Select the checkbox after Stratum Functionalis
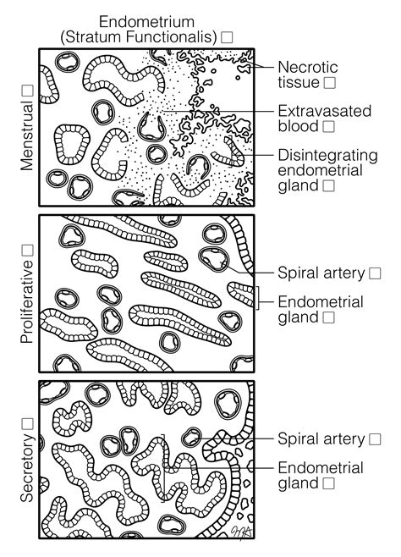tap(227, 37)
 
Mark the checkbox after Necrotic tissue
tap(329, 82)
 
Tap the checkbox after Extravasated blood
tap(329, 126)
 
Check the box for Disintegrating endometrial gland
tap(328, 184)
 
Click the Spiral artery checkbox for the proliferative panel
tap(375, 273)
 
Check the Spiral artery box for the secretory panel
tap(375, 438)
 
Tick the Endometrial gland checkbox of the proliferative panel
tap(329, 317)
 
